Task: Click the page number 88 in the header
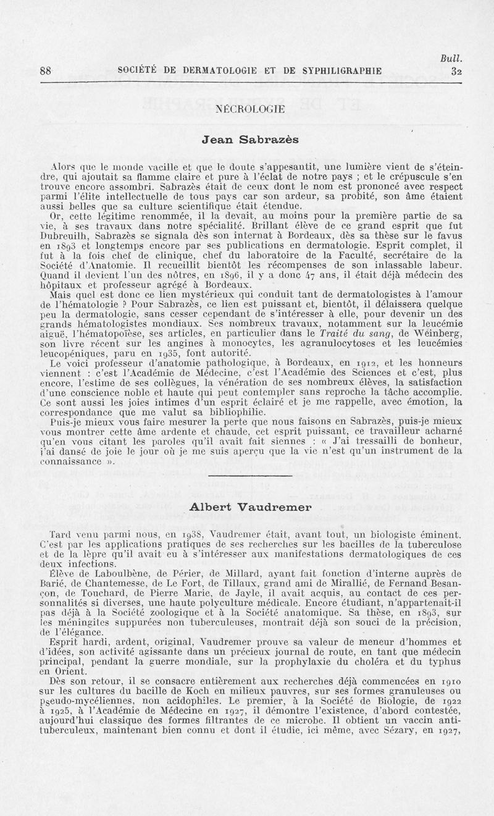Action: click(44, 70)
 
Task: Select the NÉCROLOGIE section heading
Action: click(249, 109)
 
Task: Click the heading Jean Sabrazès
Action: click(249, 140)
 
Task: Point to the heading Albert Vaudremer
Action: click(249, 506)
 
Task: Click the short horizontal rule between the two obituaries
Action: click(249, 477)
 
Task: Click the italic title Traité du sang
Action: click(348, 335)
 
